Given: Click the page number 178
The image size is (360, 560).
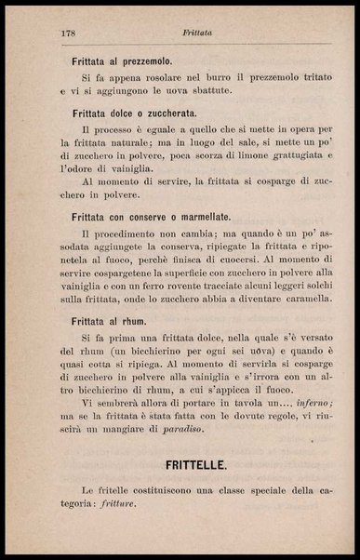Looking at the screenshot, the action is click(x=66, y=33).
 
